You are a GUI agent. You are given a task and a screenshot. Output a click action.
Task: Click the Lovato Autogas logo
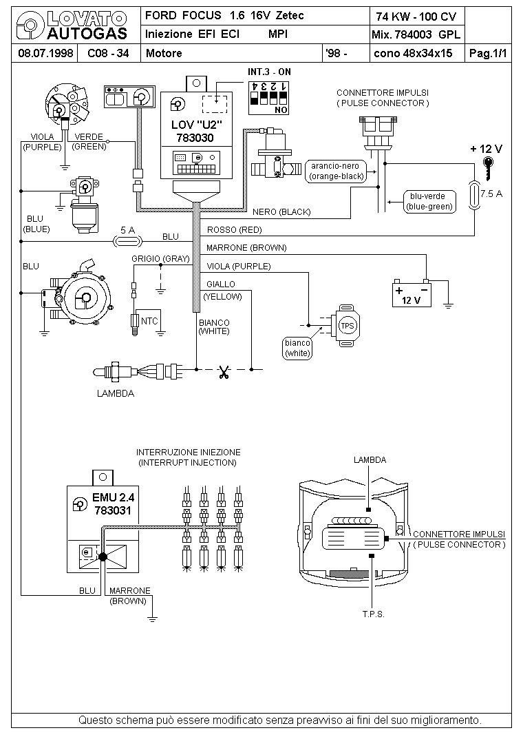click(x=72, y=26)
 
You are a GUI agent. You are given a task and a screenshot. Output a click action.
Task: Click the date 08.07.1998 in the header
click(x=45, y=53)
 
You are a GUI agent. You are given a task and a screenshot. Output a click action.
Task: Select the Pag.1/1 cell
click(x=488, y=53)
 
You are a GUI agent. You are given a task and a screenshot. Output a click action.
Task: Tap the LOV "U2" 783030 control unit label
click(x=195, y=131)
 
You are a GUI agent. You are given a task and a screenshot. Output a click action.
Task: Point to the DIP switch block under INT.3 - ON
click(x=269, y=98)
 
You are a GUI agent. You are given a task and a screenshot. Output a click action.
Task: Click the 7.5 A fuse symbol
click(x=474, y=195)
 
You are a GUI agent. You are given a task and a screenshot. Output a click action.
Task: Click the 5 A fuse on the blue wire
click(x=128, y=241)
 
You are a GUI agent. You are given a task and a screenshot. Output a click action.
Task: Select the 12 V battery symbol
click(x=412, y=293)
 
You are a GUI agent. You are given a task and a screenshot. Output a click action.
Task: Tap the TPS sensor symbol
click(x=346, y=325)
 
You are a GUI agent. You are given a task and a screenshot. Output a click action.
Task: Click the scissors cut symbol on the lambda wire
click(x=224, y=372)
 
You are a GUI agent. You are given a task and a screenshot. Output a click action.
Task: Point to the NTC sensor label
click(x=149, y=321)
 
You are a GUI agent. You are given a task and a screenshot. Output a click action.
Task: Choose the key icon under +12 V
click(x=489, y=168)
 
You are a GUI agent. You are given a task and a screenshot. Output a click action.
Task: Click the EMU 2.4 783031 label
click(x=113, y=504)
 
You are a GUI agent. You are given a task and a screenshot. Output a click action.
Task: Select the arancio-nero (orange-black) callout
click(x=336, y=171)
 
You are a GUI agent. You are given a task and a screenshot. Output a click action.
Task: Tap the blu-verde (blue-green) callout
click(x=429, y=201)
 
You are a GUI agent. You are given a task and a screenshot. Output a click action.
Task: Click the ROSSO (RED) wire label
click(x=234, y=230)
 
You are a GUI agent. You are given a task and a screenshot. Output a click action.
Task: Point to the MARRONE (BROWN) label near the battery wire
click(x=246, y=248)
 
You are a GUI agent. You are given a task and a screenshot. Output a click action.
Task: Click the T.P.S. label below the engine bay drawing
click(x=373, y=614)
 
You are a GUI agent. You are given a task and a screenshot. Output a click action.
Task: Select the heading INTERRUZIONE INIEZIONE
click(x=189, y=452)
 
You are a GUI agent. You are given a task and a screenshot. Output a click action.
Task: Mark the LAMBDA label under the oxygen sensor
click(x=116, y=393)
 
